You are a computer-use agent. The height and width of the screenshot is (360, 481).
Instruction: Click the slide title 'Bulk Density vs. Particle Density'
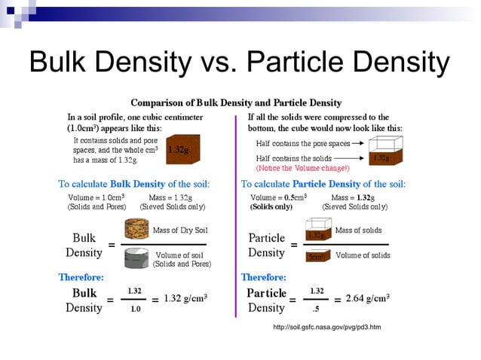239,61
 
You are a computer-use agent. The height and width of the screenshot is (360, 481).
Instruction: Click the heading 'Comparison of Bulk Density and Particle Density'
236,102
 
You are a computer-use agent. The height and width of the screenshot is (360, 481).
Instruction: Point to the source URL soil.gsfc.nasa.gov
326,327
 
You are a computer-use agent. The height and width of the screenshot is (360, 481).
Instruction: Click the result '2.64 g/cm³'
367,298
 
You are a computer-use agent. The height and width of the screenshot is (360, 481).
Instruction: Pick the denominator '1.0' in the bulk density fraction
133,307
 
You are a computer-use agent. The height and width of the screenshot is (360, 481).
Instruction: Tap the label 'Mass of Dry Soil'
181,230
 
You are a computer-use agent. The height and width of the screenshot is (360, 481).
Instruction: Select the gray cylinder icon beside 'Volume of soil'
136,258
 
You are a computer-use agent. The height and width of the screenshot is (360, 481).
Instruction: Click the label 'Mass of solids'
358,230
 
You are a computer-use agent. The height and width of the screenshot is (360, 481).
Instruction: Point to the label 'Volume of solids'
363,255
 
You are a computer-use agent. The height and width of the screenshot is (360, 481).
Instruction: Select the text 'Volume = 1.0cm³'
96,197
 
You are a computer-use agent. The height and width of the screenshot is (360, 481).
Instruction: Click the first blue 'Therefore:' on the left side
81,276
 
